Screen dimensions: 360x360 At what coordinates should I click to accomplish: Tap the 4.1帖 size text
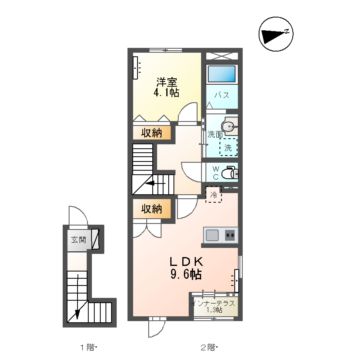point(165,93)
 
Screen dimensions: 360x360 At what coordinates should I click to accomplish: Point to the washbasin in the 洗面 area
point(229,126)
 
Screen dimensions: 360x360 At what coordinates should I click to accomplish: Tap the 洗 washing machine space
point(230,147)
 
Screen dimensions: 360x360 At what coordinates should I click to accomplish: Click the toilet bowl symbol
point(232,172)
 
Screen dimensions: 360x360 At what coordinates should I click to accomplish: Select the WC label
point(214,171)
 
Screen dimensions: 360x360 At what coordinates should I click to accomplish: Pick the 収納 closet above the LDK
point(150,208)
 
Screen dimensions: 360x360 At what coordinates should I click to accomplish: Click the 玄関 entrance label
point(77,240)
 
